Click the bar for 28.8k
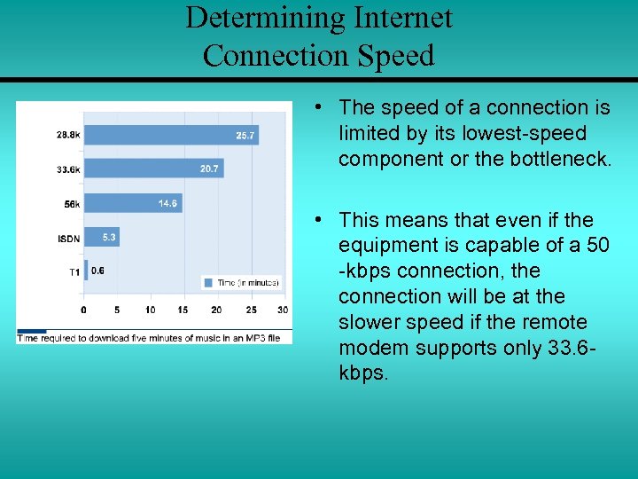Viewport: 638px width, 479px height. click(x=168, y=136)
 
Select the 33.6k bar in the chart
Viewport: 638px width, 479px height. click(x=151, y=169)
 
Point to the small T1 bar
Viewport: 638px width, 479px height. click(x=86, y=271)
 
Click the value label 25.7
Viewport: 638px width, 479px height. click(x=245, y=136)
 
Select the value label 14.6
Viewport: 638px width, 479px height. click(x=167, y=203)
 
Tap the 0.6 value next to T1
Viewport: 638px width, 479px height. click(x=97, y=271)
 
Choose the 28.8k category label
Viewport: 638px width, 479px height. click(x=68, y=136)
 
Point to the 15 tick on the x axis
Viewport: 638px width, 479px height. click(x=183, y=310)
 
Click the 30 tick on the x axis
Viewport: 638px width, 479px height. click(x=283, y=310)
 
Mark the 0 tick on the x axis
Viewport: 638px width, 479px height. click(x=84, y=310)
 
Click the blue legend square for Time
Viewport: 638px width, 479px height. click(x=208, y=282)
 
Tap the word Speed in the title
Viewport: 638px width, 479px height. click(x=396, y=56)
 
